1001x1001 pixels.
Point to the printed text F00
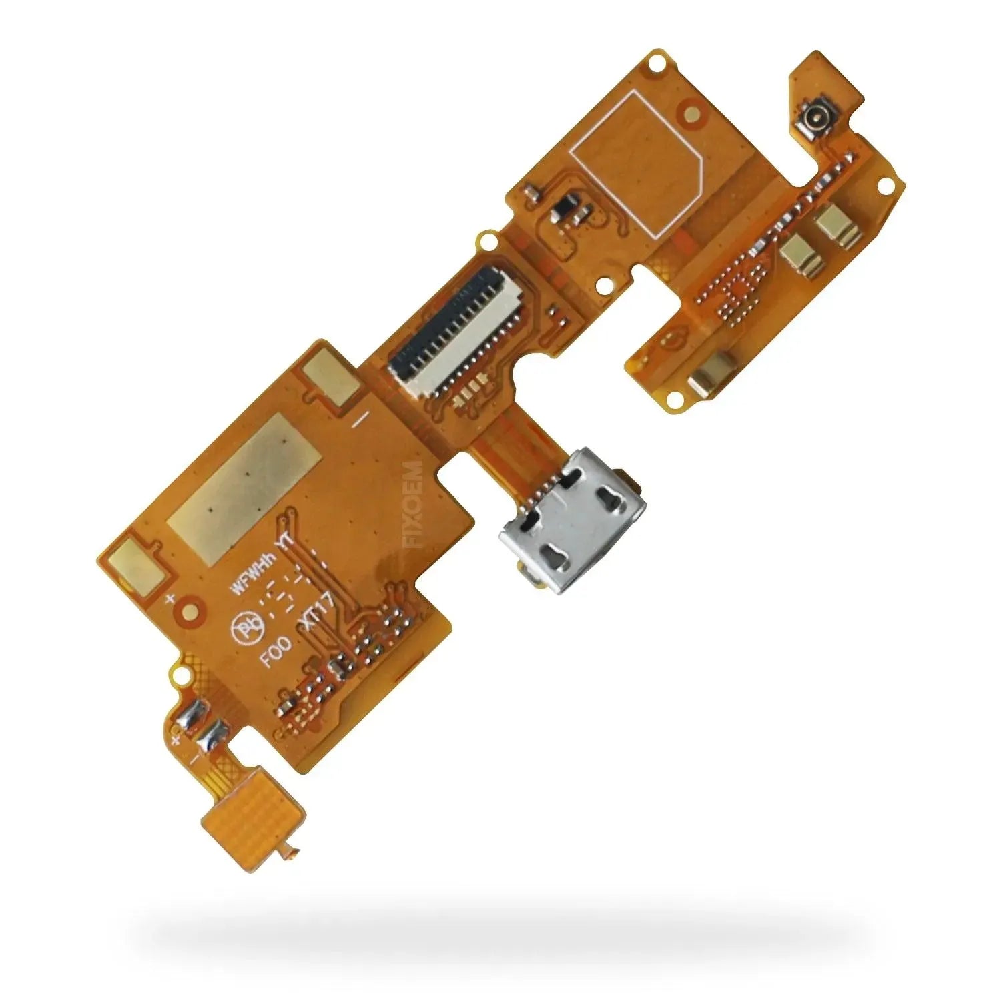[x=275, y=651]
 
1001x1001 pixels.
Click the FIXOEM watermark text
[x=413, y=503]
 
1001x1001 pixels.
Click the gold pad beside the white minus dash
[x=331, y=380]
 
